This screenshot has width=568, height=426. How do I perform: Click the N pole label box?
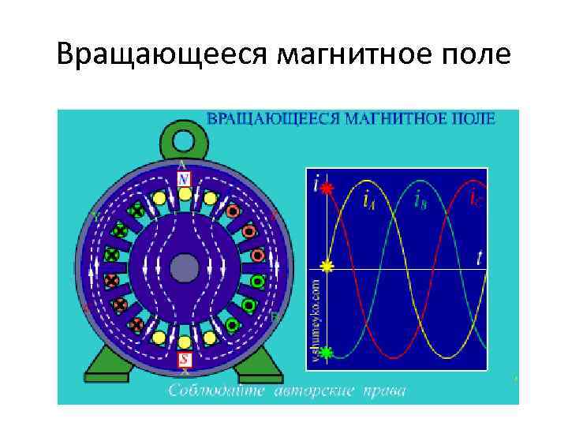pos(184,180)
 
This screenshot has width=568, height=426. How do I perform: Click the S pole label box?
pos(184,359)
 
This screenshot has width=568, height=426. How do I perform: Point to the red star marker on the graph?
pos(327,189)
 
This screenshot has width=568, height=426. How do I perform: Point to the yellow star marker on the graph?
pos(327,267)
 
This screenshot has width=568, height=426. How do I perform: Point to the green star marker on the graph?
pos(327,351)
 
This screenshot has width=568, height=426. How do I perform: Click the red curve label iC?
pos(476,200)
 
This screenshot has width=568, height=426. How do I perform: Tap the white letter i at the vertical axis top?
pos(316,187)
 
